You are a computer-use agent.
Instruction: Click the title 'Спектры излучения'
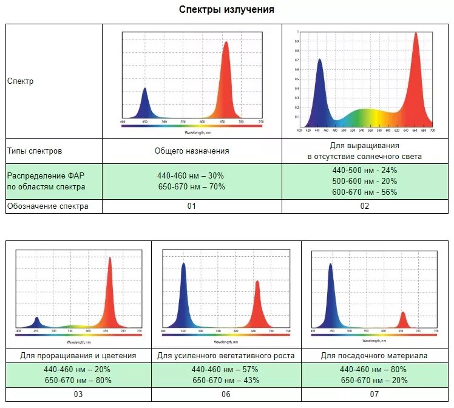226,10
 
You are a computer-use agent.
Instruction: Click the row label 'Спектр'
20,81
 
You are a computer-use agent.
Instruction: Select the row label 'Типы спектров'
35,151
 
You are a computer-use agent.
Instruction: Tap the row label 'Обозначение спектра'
47,206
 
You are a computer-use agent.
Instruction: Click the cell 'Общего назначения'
191,151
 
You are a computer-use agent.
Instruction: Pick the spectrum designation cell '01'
191,206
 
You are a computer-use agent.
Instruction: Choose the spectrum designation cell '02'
364,206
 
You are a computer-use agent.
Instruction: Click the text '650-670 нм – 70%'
191,186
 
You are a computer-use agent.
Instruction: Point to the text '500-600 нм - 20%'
365,181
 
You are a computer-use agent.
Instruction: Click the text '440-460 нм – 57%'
225,369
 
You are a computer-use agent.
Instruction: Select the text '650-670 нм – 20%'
374,380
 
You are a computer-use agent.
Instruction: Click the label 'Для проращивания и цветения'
78,355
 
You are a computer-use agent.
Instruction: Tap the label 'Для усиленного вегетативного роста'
226,355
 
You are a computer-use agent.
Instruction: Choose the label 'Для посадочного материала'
374,355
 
